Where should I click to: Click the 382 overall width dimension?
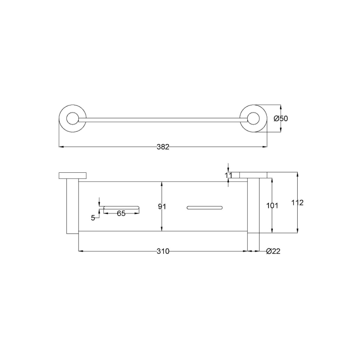click(163, 147)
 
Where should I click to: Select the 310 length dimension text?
click(163, 251)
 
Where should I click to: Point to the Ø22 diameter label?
click(273, 251)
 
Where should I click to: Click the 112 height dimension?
click(298, 203)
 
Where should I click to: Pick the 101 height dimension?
click(272, 206)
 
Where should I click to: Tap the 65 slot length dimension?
click(121, 214)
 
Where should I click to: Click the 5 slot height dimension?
click(93, 218)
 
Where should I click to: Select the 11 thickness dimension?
click(229, 174)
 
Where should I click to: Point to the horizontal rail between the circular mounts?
click(163, 120)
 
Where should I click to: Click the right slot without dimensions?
click(204, 208)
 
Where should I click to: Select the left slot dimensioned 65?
click(121, 208)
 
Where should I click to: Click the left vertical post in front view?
click(72, 206)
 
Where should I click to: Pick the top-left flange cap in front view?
click(72, 176)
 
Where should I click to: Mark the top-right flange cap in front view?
click(253, 175)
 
